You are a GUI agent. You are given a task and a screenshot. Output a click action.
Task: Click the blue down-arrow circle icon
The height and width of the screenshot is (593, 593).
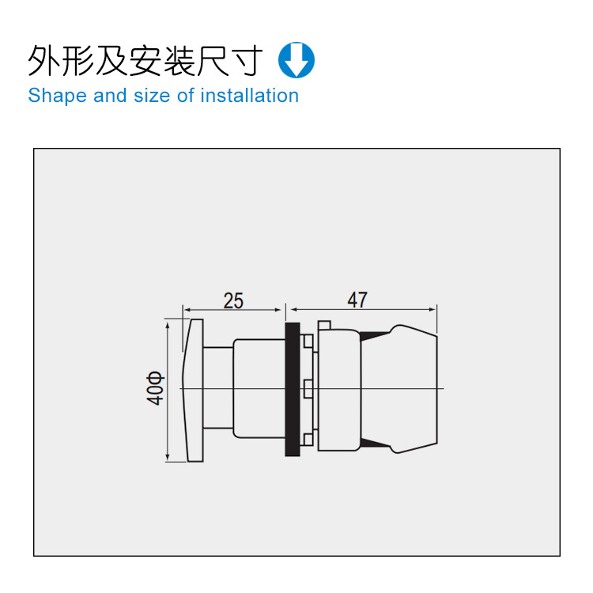296,60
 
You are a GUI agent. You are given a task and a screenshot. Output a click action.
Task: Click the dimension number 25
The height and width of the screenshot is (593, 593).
233,301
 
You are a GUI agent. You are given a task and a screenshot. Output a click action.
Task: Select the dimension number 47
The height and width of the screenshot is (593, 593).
357,300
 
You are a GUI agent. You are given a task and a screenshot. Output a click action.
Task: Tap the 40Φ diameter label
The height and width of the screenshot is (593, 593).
156,389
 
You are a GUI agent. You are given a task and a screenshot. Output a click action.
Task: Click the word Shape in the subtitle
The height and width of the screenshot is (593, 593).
58,96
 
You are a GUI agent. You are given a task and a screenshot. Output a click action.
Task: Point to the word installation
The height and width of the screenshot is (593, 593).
250,96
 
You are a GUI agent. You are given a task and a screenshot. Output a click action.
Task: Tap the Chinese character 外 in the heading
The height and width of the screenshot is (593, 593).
43,61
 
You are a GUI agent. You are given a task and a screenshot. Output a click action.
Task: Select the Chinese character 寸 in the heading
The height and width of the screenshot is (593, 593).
247,61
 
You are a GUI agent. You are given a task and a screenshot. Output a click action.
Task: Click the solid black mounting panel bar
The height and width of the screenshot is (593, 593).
293,390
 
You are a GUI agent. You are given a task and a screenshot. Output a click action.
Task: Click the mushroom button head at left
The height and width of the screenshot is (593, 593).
193,391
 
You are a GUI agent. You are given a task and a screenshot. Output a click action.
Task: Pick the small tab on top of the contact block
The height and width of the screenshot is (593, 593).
324,325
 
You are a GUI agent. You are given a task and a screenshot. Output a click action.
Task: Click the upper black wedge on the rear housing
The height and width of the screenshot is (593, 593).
374,335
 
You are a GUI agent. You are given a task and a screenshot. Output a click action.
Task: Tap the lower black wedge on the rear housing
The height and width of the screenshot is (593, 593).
374,444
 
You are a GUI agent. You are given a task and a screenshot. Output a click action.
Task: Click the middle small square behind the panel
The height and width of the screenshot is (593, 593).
308,389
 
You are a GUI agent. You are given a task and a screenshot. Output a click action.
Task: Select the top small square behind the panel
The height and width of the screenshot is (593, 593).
308,342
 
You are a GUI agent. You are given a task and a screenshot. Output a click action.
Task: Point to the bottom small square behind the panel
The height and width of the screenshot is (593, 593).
308,439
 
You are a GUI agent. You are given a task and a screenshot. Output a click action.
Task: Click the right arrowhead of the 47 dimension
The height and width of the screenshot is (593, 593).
432,310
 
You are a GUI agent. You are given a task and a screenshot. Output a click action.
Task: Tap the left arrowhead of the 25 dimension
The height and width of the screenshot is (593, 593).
187,310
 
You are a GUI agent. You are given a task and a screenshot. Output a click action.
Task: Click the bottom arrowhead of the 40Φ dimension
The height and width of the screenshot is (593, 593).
168,458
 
